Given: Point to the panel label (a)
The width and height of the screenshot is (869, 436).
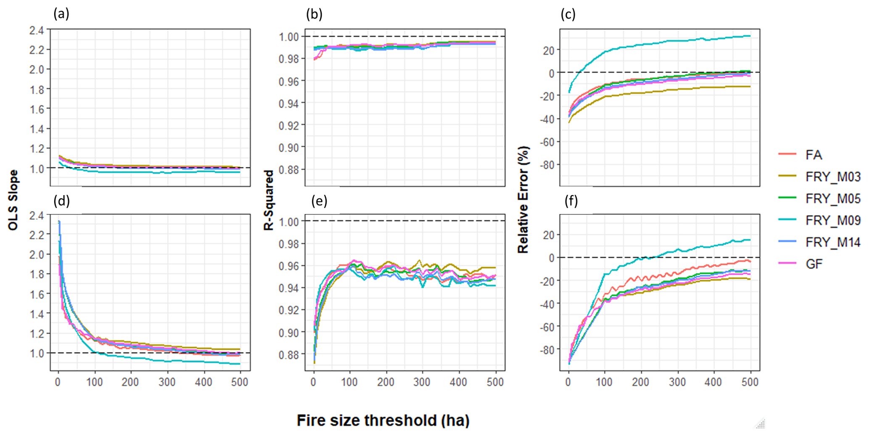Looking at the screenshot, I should click(61, 14).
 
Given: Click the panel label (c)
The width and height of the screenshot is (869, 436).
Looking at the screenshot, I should click(568, 14).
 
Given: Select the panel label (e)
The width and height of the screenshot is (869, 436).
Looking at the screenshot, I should click(319, 201).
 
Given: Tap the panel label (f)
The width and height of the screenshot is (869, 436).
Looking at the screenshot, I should click(571, 201).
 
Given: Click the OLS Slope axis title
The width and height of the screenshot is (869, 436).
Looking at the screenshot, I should click(13, 200).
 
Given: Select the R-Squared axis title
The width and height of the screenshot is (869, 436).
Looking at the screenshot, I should click(269, 200).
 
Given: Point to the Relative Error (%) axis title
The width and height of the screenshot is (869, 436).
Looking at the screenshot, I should click(523, 200).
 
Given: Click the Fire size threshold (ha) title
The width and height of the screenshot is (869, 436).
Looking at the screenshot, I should click(383, 420).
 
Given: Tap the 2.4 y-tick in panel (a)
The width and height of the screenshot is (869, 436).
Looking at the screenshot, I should click(37, 30).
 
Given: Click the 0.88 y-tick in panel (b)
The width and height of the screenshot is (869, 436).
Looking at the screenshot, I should click(289, 170).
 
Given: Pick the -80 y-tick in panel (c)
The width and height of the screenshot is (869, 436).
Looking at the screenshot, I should click(545, 165).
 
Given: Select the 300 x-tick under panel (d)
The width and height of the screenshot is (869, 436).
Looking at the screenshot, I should click(167, 382).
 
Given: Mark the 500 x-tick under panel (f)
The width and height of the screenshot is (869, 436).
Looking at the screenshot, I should click(750, 382).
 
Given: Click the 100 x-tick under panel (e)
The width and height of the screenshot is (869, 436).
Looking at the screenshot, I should click(350, 382).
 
